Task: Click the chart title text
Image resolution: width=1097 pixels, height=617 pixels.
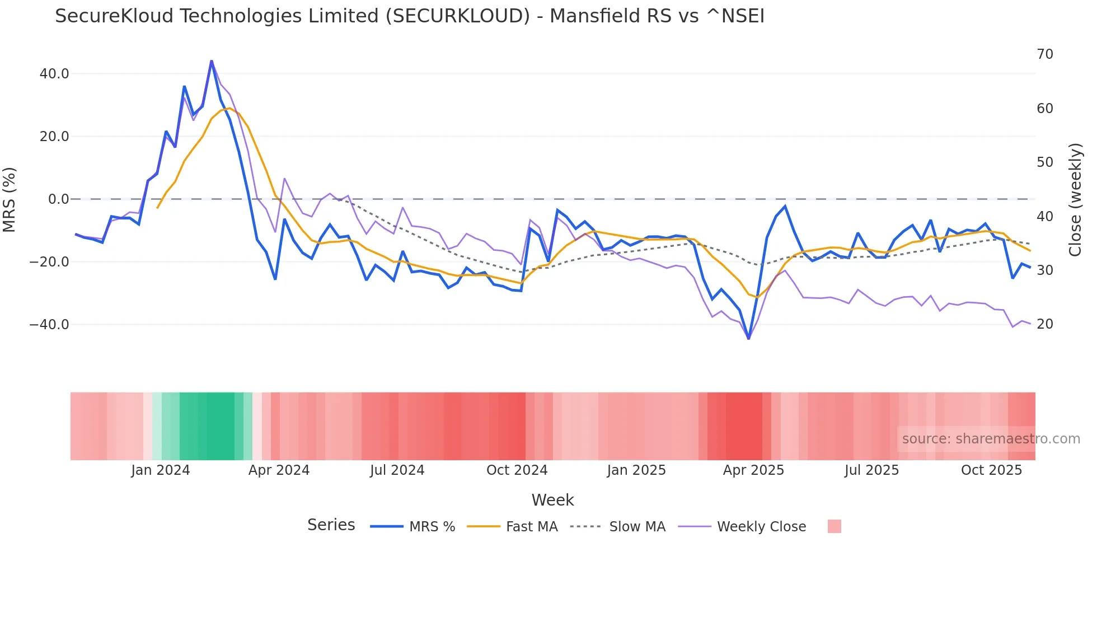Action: pyautogui.click(x=409, y=16)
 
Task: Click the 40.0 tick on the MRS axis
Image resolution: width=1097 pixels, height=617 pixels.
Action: pyautogui.click(x=54, y=74)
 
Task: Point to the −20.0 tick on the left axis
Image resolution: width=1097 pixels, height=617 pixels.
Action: pyautogui.click(x=49, y=262)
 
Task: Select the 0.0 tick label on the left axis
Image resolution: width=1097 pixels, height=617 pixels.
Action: pyautogui.click(x=58, y=199)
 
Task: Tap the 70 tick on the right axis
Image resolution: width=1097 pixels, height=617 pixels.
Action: pyautogui.click(x=1044, y=54)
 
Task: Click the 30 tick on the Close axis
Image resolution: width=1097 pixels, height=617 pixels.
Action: pyautogui.click(x=1044, y=270)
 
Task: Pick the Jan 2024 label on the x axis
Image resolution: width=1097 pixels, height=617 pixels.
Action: pyautogui.click(x=161, y=470)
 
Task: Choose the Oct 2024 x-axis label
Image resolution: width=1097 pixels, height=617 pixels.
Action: pyautogui.click(x=517, y=470)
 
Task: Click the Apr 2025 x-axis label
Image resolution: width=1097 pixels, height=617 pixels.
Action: pyautogui.click(x=753, y=470)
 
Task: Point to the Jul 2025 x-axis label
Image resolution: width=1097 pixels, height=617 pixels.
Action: pyautogui.click(x=871, y=470)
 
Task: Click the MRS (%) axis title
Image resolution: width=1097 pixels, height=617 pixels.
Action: pyautogui.click(x=10, y=199)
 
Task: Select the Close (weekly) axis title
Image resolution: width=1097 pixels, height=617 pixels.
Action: pyautogui.click(x=1075, y=199)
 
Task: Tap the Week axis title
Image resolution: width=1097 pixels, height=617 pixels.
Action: pyautogui.click(x=552, y=500)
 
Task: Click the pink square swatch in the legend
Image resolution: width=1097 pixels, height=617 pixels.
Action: pyautogui.click(x=834, y=526)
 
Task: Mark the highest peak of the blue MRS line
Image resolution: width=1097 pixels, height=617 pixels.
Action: pyautogui.click(x=211, y=60)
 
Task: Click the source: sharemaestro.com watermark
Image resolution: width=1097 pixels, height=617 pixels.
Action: pyautogui.click(x=991, y=439)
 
